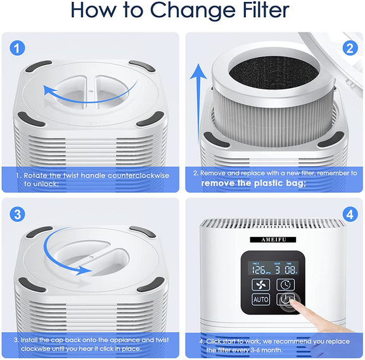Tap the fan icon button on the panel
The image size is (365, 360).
(261, 284)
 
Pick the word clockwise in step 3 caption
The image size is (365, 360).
(39, 349)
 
